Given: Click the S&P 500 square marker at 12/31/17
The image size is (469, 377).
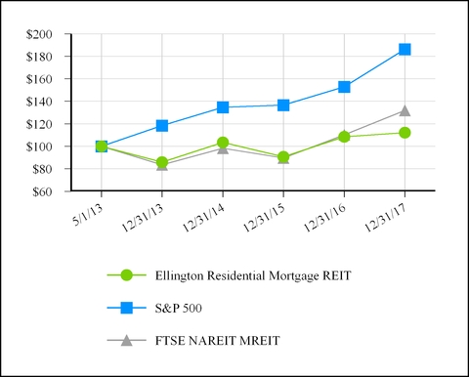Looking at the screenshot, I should click(405, 49).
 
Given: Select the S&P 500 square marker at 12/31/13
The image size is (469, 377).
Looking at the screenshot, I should click(162, 125).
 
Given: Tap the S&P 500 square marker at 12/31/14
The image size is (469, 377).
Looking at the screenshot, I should click(223, 107).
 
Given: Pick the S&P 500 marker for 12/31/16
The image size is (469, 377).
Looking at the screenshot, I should click(344, 87).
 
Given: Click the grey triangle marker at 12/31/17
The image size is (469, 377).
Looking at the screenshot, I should click(405, 110).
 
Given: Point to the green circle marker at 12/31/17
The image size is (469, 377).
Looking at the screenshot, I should click(405, 133).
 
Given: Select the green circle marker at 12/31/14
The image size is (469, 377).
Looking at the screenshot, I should click(223, 143).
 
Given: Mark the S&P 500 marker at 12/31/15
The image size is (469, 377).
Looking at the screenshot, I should click(283, 105).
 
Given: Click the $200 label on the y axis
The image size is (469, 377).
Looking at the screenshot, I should click(41, 34).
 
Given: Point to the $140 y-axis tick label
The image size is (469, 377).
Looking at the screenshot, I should click(41, 102).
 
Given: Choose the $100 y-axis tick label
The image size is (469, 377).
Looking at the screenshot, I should click(41, 147).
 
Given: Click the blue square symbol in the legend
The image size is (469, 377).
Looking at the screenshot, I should click(124, 309).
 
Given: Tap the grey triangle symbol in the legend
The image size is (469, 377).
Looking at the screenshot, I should click(124, 340).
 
